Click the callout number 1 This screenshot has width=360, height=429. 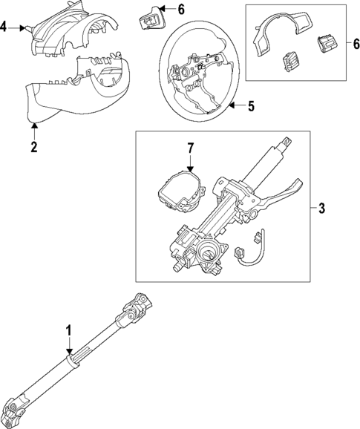pyautogui.click(x=69, y=330)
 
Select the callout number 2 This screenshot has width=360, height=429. pyautogui.click(x=34, y=147)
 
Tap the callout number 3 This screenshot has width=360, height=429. pyautogui.click(x=321, y=209)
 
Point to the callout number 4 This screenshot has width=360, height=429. pyautogui.click(x=3, y=27)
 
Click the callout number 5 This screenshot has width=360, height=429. pyautogui.click(x=251, y=106)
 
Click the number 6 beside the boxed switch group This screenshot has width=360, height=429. pyautogui.click(x=356, y=44)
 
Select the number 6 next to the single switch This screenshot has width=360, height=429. pyautogui.click(x=181, y=10)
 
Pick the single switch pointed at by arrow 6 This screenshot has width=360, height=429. pyautogui.click(x=150, y=19)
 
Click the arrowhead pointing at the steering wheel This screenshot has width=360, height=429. pyautogui.click(x=231, y=105)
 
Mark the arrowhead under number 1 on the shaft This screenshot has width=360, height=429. pyautogui.click(x=69, y=352)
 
